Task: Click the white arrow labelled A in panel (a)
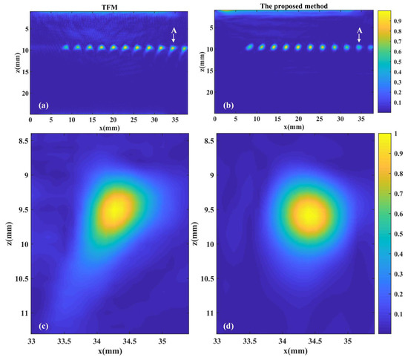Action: (174, 36)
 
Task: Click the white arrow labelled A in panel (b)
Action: (359, 36)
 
